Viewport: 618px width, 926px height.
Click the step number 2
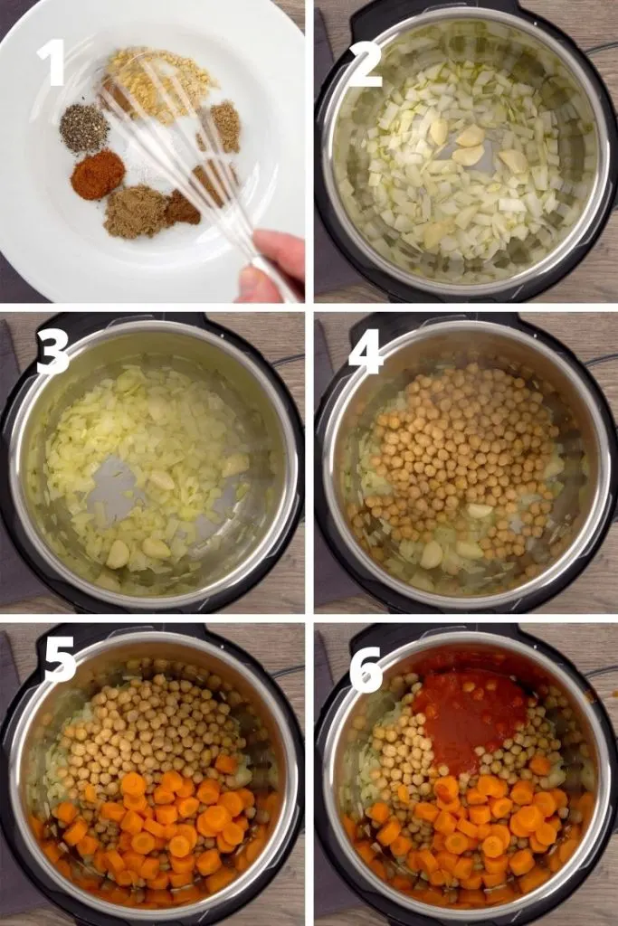point(366,65)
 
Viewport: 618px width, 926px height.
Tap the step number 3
point(53,353)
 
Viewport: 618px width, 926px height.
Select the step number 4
point(367,353)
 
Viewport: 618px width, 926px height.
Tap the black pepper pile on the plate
point(84,127)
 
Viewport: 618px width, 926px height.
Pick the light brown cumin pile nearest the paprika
point(135,212)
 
